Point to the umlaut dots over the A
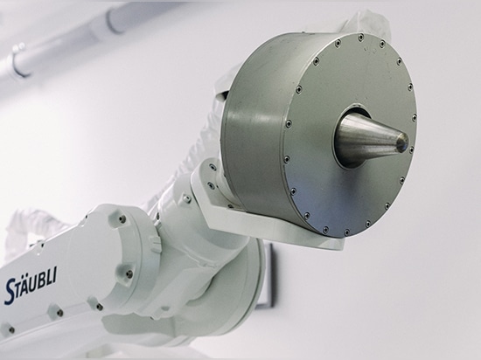coord(24,277)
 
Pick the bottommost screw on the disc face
coord(347,232)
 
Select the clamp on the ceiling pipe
coord(20,61)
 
